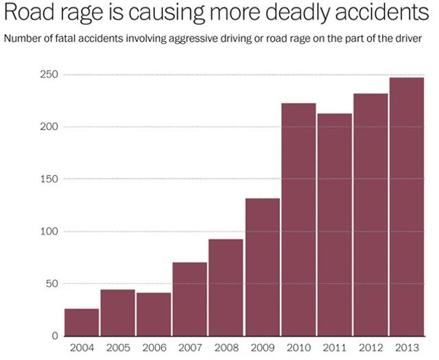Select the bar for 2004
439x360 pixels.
click(x=82, y=322)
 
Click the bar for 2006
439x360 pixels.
click(x=154, y=314)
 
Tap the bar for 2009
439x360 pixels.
click(x=262, y=267)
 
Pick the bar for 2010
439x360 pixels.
click(x=298, y=219)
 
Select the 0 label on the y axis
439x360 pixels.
click(x=55, y=336)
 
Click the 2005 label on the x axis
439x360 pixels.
click(x=117, y=348)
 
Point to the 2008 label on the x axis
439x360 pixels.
click(x=226, y=348)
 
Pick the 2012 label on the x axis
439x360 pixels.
click(x=370, y=348)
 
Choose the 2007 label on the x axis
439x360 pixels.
click(x=189, y=348)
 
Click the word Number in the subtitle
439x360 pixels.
click(x=23, y=38)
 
